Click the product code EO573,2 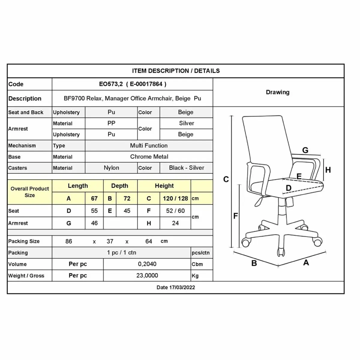[x=111, y=84]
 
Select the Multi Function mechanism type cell [x=149, y=145]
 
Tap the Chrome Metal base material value [x=149, y=157]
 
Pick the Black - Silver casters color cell [x=186, y=168]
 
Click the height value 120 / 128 [x=175, y=198]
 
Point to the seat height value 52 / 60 [x=175, y=211]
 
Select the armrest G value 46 [x=94, y=223]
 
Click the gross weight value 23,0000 [x=147, y=275]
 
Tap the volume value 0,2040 [x=147, y=264]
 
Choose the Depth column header [x=120, y=186]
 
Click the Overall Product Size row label [x=30, y=192]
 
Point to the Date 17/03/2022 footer [x=175, y=287]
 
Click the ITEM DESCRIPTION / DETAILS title [x=176, y=71]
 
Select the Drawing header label [x=277, y=92]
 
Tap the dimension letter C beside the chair [x=226, y=179]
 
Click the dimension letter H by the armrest [x=328, y=170]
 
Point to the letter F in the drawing [x=235, y=216]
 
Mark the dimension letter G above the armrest [x=305, y=150]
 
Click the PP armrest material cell [x=111, y=123]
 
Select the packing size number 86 [x=69, y=241]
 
